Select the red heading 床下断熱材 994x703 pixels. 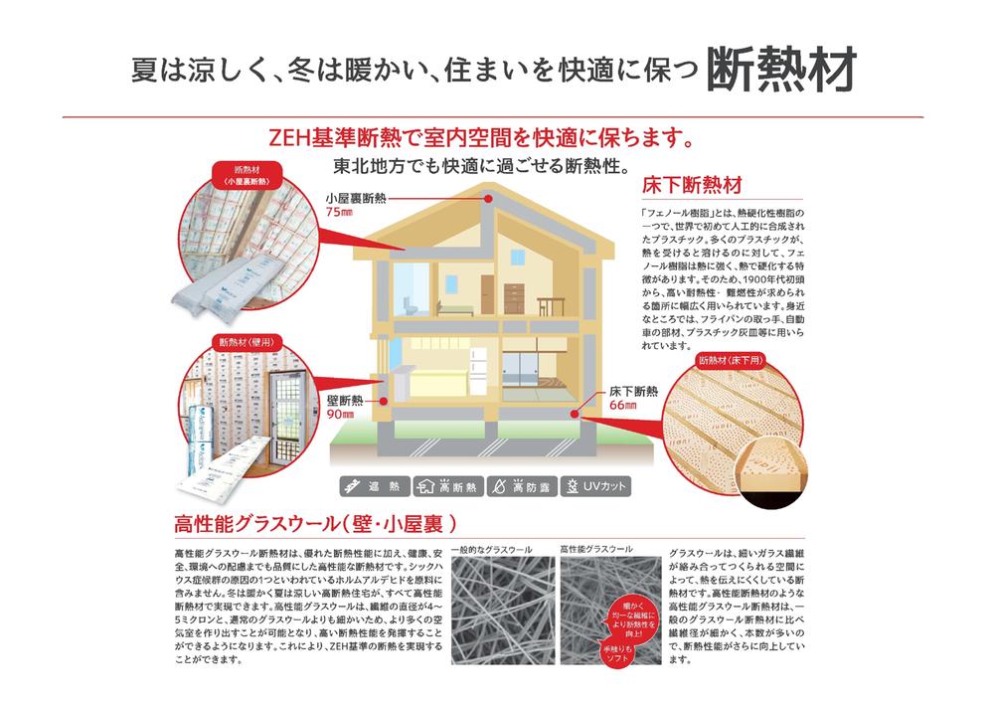click(693, 186)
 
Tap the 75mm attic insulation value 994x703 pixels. click(340, 212)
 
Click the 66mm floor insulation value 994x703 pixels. click(623, 405)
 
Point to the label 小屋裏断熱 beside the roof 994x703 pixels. click(354, 198)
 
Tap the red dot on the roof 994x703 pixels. click(489, 199)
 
